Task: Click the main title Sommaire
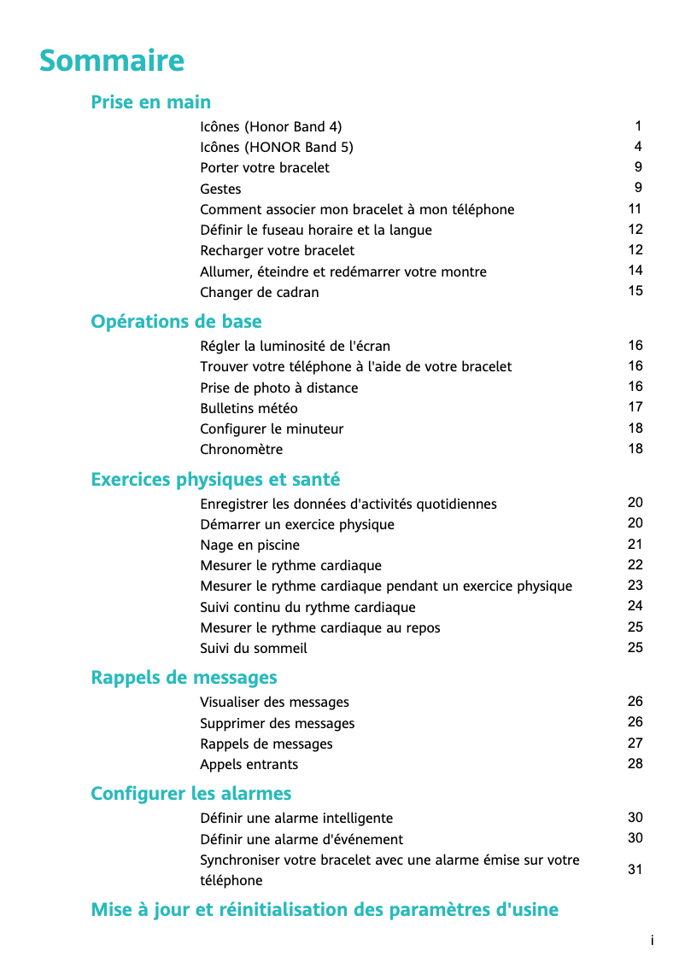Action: pos(112,61)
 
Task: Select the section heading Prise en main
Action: pos(150,102)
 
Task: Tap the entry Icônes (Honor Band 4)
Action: pos(271,126)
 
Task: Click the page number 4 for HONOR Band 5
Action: pos(638,147)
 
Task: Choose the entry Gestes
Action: pos(220,189)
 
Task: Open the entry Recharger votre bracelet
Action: pos(277,251)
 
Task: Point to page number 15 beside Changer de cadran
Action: pos(635,291)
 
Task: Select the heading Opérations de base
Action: pos(176,322)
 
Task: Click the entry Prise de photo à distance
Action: pos(278,388)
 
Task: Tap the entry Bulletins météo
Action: pos(249,408)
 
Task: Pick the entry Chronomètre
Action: pos(241,450)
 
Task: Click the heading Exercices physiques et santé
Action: pos(215,480)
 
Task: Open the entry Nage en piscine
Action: pos(249,545)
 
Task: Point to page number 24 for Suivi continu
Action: pos(635,606)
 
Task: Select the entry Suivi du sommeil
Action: pos(253,649)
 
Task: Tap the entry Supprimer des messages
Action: pos(277,724)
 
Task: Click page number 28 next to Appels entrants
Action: pos(635,764)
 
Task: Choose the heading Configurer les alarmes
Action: pos(190,794)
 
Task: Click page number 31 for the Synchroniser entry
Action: pos(635,870)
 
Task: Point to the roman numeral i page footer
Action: pos(652,941)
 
